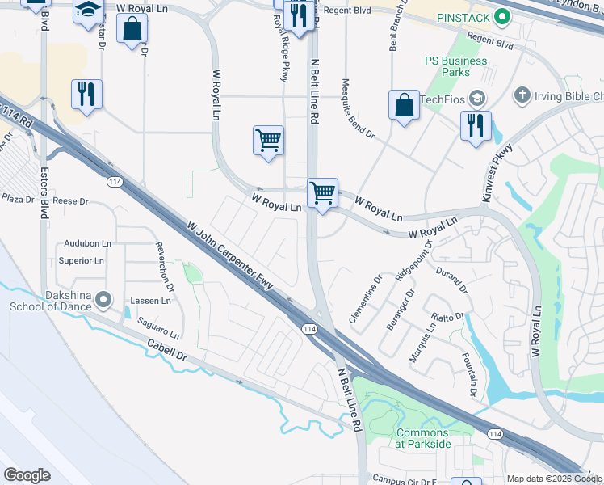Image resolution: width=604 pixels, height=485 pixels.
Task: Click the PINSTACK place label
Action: point(464,17)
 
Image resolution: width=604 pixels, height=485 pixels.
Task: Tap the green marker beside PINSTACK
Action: point(502,16)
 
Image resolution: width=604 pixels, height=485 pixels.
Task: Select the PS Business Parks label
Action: point(456,66)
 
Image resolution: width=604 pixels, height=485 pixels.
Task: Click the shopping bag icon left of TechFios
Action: point(404,106)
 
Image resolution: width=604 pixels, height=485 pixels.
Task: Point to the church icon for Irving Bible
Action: point(521,96)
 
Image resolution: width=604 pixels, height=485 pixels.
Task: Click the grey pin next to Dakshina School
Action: point(103,301)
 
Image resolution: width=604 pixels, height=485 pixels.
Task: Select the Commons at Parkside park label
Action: point(423,438)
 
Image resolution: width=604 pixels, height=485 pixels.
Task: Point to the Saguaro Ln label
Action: point(157,327)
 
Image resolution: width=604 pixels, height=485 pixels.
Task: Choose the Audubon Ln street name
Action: point(87,242)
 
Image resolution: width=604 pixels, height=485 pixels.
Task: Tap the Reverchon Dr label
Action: point(165,266)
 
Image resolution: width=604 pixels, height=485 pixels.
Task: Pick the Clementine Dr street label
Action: point(365,302)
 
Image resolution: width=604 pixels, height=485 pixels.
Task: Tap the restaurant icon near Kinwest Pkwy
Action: point(475,126)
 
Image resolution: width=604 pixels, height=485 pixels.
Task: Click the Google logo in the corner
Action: point(27,475)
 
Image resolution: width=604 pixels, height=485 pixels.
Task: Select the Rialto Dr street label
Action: point(448,316)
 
